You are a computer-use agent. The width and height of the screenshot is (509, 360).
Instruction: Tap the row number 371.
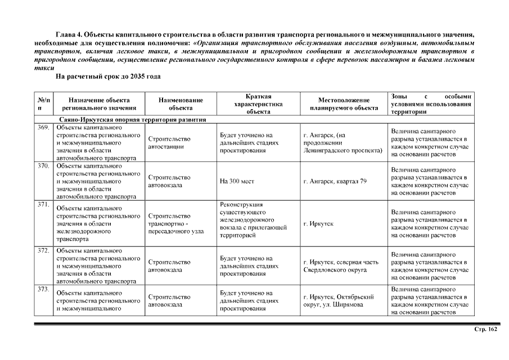(43, 204)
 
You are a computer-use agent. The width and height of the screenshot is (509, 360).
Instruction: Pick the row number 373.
(43, 289)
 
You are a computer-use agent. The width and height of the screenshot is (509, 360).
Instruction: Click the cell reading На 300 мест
(238, 182)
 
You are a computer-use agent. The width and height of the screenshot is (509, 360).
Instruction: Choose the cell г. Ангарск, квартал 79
(335, 182)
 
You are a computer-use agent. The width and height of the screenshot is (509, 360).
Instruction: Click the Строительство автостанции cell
(169, 143)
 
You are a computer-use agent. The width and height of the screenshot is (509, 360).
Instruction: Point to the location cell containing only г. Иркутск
(318, 224)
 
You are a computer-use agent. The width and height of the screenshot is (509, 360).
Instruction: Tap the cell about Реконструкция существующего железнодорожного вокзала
(253, 220)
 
